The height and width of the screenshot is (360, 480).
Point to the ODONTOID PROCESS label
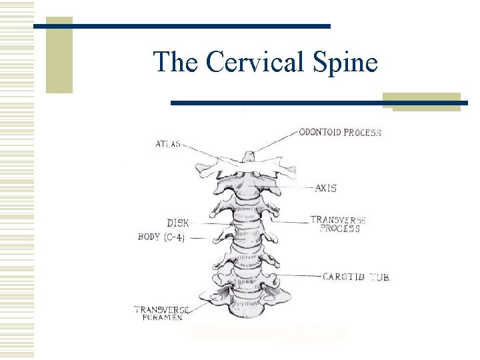(x=339, y=132)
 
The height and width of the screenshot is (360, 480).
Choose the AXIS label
(x=325, y=188)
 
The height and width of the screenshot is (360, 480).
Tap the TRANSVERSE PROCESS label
(x=338, y=223)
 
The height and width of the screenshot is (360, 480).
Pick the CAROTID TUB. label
(x=356, y=276)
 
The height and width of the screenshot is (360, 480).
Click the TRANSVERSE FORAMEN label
(x=161, y=313)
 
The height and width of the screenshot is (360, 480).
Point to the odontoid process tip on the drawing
(x=248, y=155)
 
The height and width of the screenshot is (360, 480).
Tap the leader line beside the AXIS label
(x=297, y=189)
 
